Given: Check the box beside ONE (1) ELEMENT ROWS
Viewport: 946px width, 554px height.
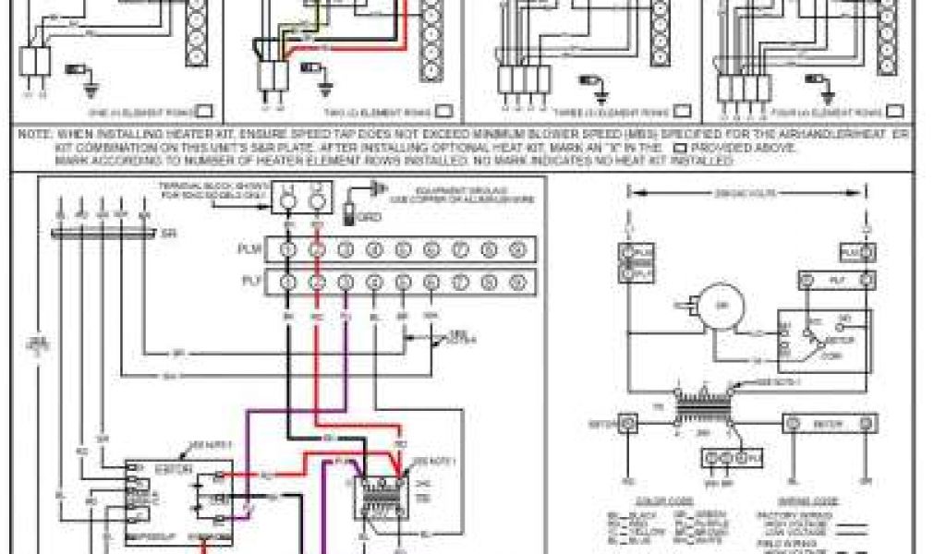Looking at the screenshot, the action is [x=204, y=112].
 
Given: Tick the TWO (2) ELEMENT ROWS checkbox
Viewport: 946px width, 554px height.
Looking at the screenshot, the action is [x=445, y=112].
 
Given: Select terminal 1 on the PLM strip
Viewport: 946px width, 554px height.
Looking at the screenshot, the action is [x=288, y=249].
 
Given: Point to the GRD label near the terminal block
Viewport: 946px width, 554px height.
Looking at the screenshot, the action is [x=368, y=219].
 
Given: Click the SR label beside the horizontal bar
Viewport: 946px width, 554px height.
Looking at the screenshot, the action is [x=166, y=234].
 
